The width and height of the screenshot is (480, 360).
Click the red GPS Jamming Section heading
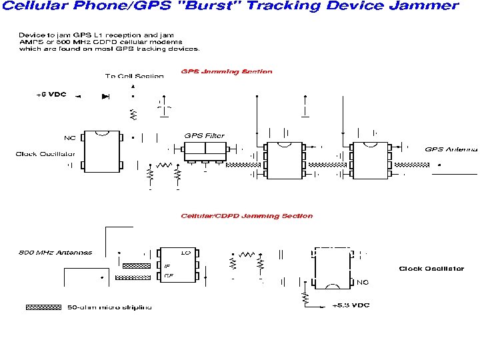click(x=227, y=72)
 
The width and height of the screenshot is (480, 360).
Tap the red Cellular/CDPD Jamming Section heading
click(x=247, y=216)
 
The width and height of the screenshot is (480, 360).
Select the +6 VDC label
click(x=51, y=95)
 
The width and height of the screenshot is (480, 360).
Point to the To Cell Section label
click(x=134, y=77)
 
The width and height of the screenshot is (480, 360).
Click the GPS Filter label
click(x=204, y=136)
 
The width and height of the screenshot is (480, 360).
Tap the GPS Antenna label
click(x=451, y=149)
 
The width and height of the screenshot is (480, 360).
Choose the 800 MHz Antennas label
click(x=55, y=253)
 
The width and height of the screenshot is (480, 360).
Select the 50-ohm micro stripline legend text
click(x=110, y=307)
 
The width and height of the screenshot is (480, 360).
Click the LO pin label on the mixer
click(x=187, y=253)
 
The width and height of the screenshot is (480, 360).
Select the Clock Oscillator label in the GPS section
click(x=40, y=155)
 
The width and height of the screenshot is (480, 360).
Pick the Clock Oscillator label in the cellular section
click(x=431, y=269)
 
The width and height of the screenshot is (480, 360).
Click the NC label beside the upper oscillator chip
click(x=69, y=139)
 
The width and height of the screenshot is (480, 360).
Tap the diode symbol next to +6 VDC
click(x=105, y=96)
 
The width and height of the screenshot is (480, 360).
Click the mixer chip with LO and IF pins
click(x=178, y=266)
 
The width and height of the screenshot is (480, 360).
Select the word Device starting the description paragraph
click(x=31, y=34)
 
